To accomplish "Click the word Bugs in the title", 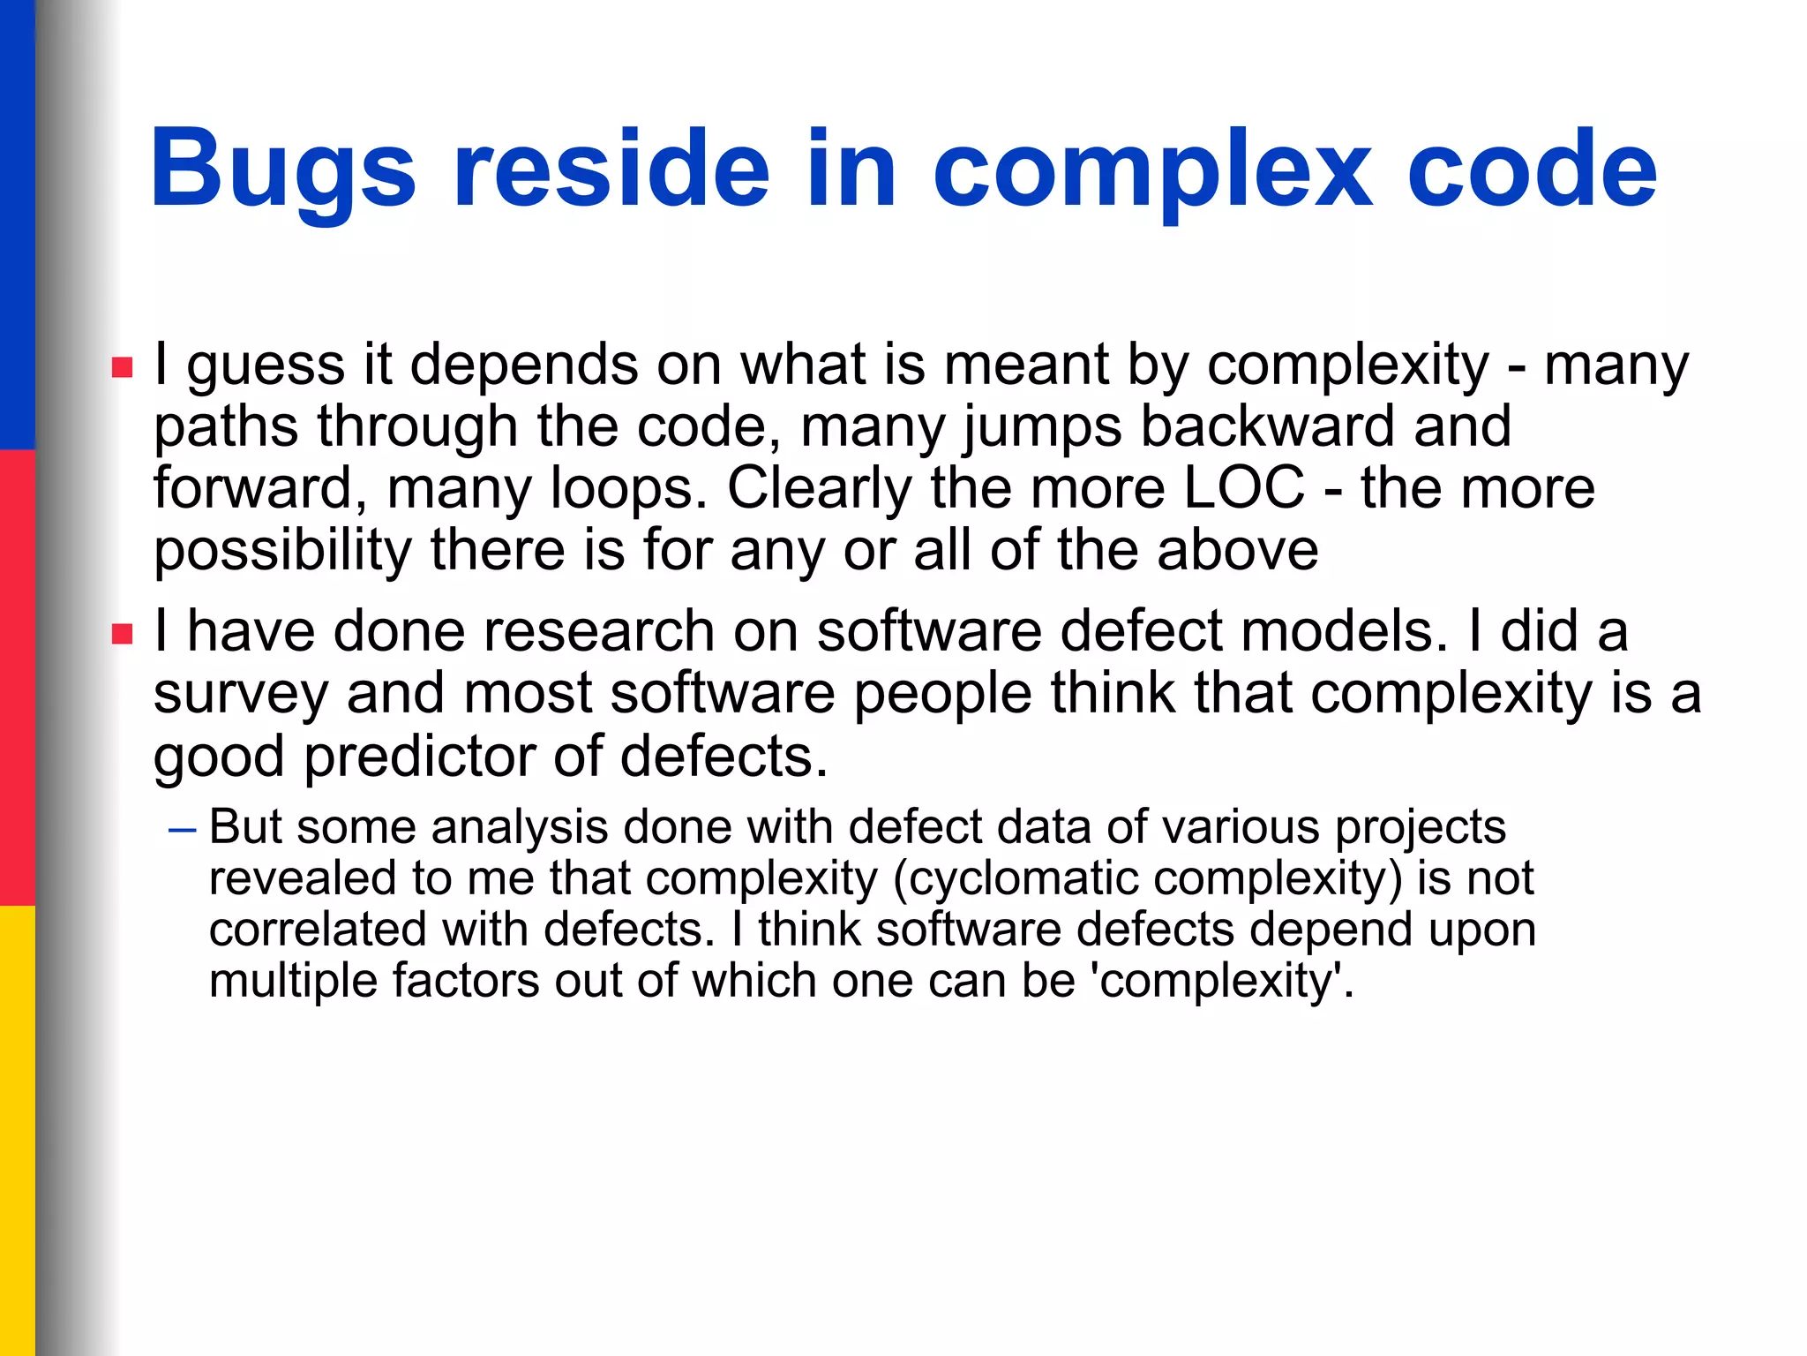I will tap(282, 169).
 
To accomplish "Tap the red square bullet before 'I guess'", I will tap(122, 366).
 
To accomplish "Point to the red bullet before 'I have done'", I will tap(122, 633).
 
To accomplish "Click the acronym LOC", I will tap(1243, 488).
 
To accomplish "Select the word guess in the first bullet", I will tap(265, 366).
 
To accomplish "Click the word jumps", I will tap(1041, 427).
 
